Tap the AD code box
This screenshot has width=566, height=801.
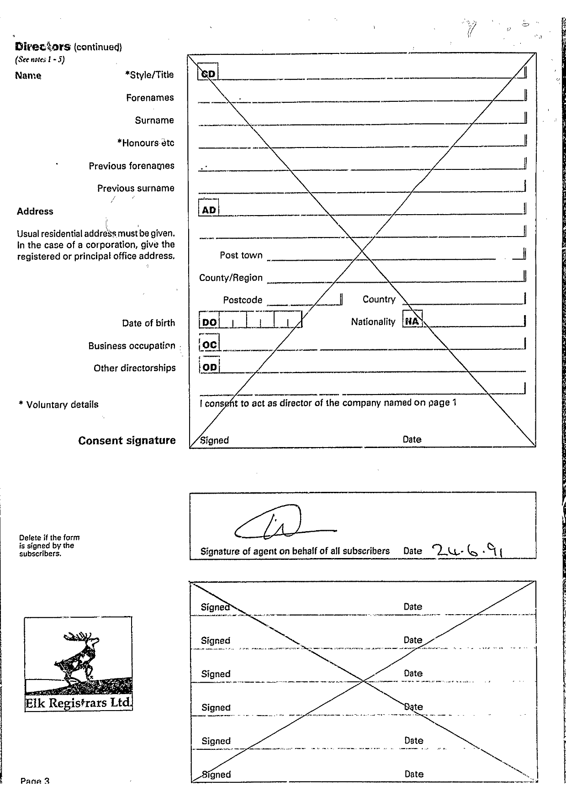pos(208,209)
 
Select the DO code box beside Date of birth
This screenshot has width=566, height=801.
pos(209,321)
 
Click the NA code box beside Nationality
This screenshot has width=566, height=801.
pos(412,321)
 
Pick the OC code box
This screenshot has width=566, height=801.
pos(209,344)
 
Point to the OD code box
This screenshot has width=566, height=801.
pos(209,367)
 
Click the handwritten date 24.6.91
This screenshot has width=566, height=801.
pos(466,550)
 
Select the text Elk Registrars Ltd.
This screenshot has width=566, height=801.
pos(78,703)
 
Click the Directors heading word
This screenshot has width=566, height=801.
pos(42,47)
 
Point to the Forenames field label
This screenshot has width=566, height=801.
pos(150,98)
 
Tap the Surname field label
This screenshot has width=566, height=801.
pos(154,121)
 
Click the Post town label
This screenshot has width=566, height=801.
pos(241,255)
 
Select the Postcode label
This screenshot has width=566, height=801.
pos(243,300)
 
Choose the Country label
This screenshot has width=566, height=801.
pos(379,299)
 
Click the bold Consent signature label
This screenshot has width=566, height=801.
pos(127,441)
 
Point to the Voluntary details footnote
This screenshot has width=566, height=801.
pos(58,405)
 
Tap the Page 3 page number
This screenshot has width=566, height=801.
pos(35,780)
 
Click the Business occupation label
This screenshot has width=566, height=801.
pos(132,346)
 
